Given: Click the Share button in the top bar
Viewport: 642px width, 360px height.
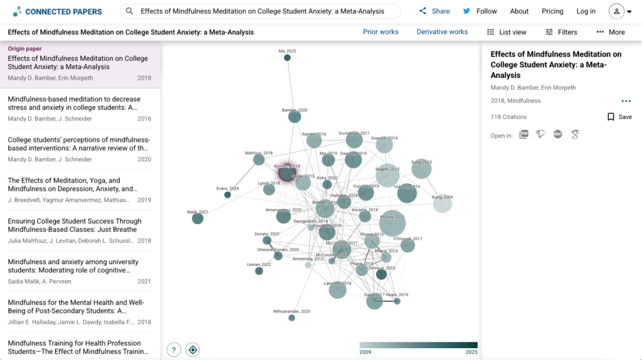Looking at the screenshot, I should tap(434, 11).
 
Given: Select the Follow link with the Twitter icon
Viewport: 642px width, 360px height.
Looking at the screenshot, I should tap(480, 11).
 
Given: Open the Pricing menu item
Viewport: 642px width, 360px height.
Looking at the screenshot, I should tap(552, 11).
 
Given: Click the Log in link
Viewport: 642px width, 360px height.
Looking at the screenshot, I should tap(586, 11).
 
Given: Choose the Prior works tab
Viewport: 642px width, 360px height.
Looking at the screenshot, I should tap(381, 32).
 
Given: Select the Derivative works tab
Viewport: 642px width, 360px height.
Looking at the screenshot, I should tap(442, 32).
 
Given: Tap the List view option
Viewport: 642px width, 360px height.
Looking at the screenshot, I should tap(507, 32).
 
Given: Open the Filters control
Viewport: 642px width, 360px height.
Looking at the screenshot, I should tap(561, 32).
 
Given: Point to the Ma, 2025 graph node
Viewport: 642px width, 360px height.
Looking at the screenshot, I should tap(287, 58).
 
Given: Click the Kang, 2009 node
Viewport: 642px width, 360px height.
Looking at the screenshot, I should tap(443, 204).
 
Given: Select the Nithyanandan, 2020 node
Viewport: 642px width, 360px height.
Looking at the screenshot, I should tap(292, 318).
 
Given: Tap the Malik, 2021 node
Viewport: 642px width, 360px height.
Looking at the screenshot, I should tap(197, 219).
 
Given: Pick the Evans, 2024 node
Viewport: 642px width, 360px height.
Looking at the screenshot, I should tap(228, 195).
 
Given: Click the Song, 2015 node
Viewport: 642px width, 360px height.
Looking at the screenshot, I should tap(421, 169).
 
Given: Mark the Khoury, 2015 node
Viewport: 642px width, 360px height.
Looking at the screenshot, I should tap(392, 223).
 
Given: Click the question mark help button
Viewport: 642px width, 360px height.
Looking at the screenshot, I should tap(174, 350).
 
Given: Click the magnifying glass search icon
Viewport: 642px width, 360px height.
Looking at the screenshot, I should tap(130, 11).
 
